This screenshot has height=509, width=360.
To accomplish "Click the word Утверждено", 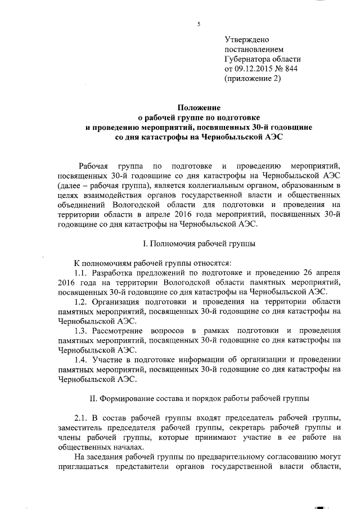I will [x=247, y=40].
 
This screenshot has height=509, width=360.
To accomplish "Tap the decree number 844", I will [x=290, y=69].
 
